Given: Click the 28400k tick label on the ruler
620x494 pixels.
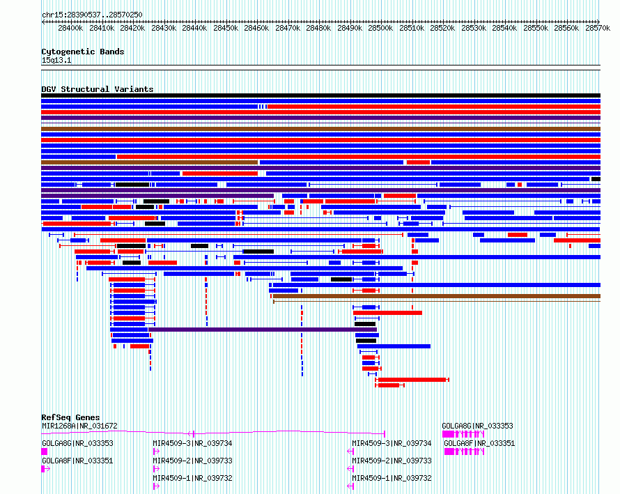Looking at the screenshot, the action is coord(70,28).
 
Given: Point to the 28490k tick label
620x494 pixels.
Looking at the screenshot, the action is coord(350,28).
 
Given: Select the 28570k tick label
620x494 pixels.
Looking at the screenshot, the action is coord(598,28).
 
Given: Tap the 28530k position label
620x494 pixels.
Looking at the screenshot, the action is coord(474,28).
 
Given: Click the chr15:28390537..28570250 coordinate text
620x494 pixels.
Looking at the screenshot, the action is coord(92,15).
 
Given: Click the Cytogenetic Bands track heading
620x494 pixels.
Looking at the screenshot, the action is coord(83,52).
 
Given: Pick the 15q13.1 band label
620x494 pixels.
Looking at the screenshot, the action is coord(56,60).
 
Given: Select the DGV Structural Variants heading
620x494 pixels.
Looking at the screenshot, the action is coord(98,89).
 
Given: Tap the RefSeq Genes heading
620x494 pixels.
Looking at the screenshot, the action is coord(70,417).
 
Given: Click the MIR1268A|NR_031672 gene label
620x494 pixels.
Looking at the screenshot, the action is coord(79,426).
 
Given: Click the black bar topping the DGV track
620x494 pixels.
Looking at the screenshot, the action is coord(320,95).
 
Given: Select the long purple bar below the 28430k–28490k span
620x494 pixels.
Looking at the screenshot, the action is coord(263,330).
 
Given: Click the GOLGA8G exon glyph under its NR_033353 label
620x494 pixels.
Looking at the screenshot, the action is coord(45,451).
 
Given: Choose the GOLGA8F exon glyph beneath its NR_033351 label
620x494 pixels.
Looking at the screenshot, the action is coord(46,469).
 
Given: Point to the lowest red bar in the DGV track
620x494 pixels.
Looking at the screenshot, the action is coord(390,385).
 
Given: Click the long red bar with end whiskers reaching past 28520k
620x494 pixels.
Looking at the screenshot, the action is coord(412,380).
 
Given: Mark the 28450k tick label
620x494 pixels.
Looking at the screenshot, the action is coord(226,28).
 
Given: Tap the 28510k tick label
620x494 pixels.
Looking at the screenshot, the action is coord(412,28).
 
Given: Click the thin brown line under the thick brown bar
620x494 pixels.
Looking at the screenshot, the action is coord(437,302).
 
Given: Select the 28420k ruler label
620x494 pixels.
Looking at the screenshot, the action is coord(132,28).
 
